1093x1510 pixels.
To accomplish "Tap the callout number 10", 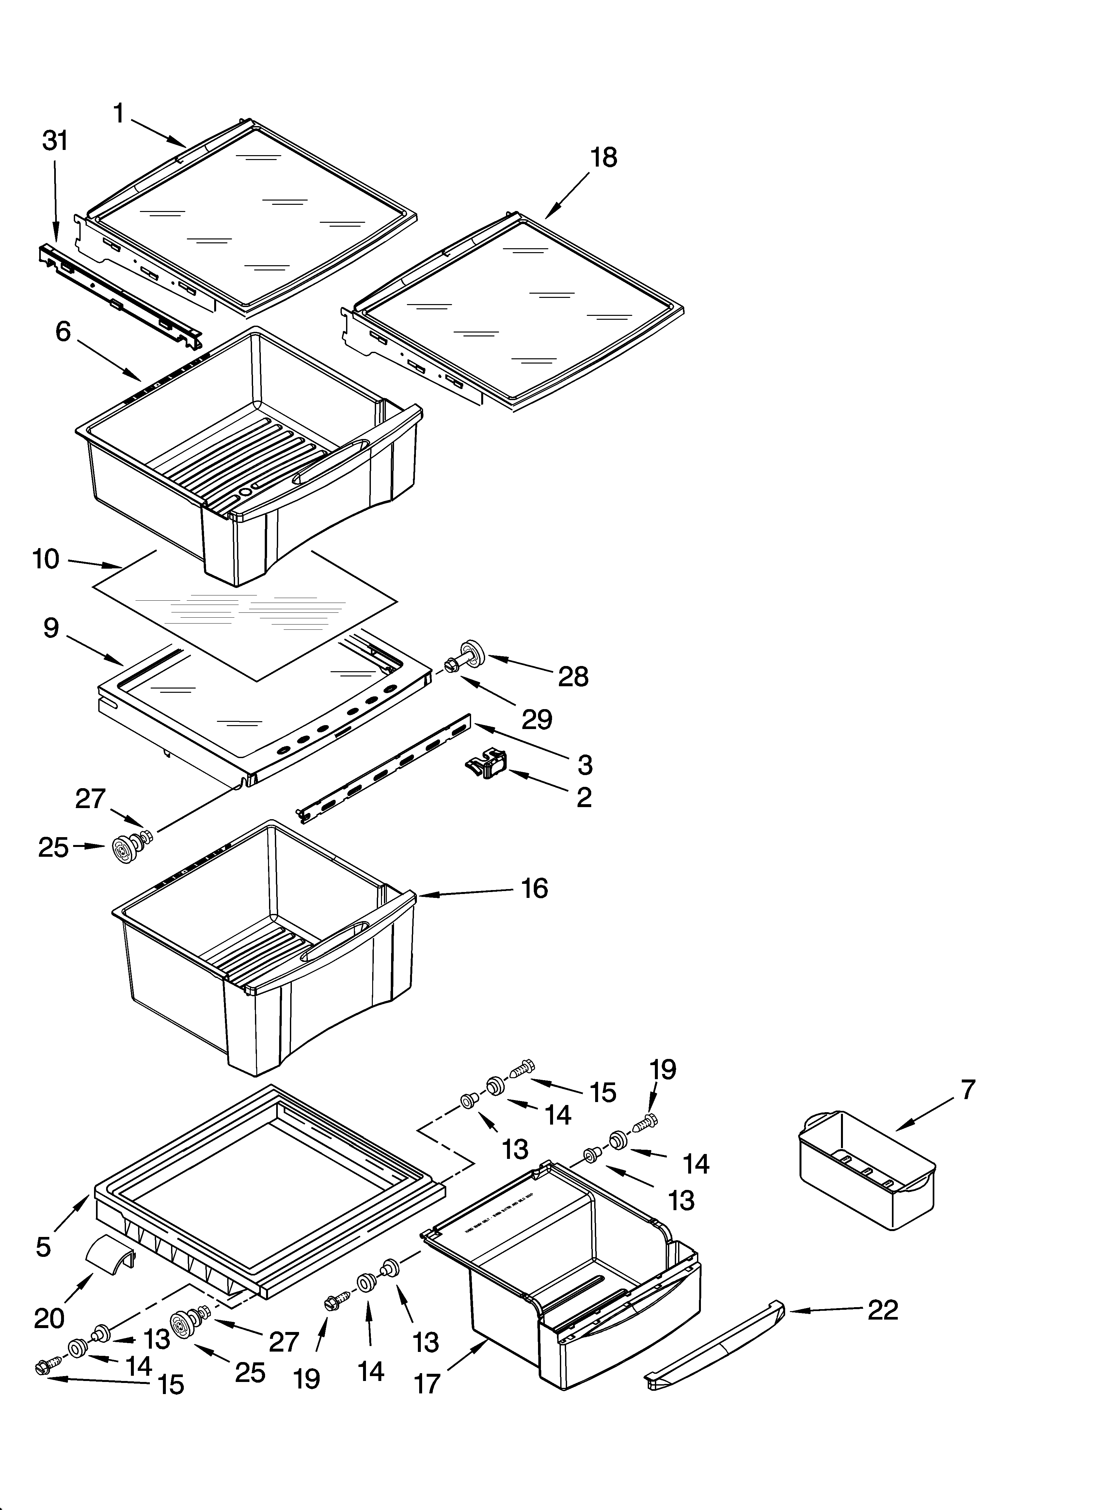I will point(46,559).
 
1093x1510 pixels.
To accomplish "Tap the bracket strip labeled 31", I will point(120,293).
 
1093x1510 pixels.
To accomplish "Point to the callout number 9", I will point(51,628).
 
